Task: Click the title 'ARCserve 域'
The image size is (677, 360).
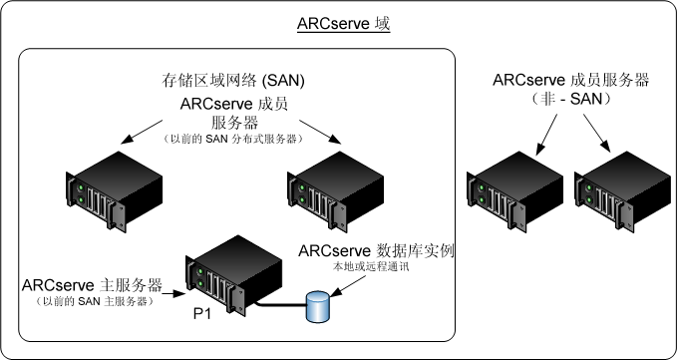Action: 343,23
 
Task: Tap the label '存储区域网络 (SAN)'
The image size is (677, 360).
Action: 233,80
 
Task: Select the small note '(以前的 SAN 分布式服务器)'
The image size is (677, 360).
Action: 233,141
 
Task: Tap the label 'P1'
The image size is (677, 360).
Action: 202,312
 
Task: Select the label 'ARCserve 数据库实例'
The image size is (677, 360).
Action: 375,250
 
